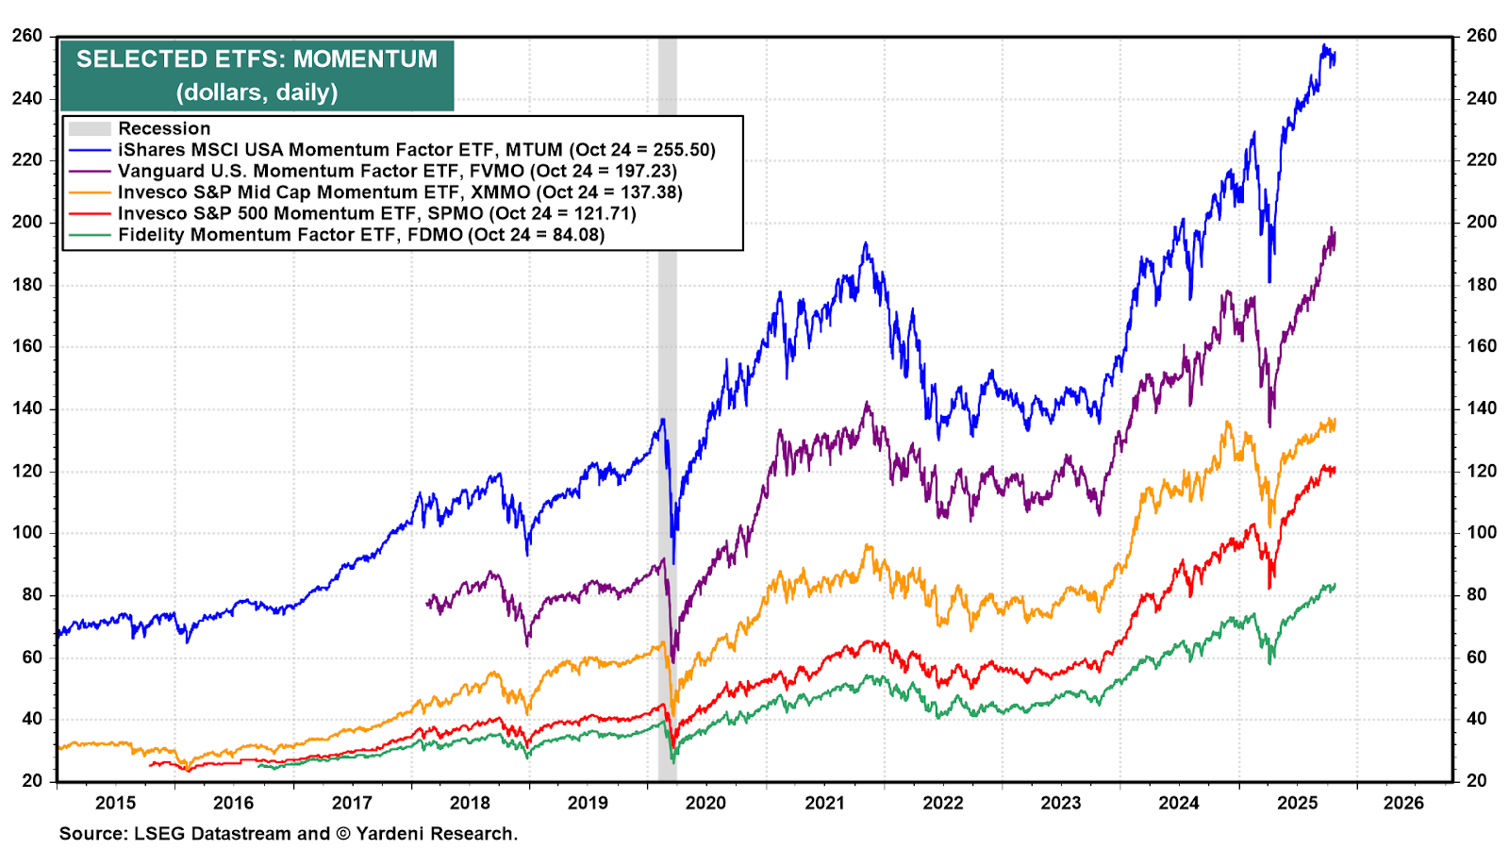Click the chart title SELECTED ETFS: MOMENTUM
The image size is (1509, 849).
[257, 59]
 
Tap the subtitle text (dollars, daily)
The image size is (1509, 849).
[257, 92]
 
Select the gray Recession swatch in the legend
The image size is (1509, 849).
[90, 128]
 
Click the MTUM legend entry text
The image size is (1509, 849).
[416, 150]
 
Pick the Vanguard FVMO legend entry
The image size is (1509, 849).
[397, 171]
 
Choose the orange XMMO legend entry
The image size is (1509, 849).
[400, 192]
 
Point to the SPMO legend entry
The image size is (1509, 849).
[376, 213]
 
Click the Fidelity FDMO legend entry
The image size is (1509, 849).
[361, 235]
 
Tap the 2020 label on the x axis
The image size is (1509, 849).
[705, 803]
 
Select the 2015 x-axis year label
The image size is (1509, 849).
[115, 803]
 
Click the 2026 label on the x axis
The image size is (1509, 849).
[1403, 803]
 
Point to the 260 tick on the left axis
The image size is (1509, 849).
[27, 36]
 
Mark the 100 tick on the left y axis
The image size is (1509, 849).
[27, 532]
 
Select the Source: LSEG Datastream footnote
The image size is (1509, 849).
[288, 834]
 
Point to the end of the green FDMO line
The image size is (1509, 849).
[1334, 585]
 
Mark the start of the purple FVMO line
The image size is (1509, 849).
[428, 602]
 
